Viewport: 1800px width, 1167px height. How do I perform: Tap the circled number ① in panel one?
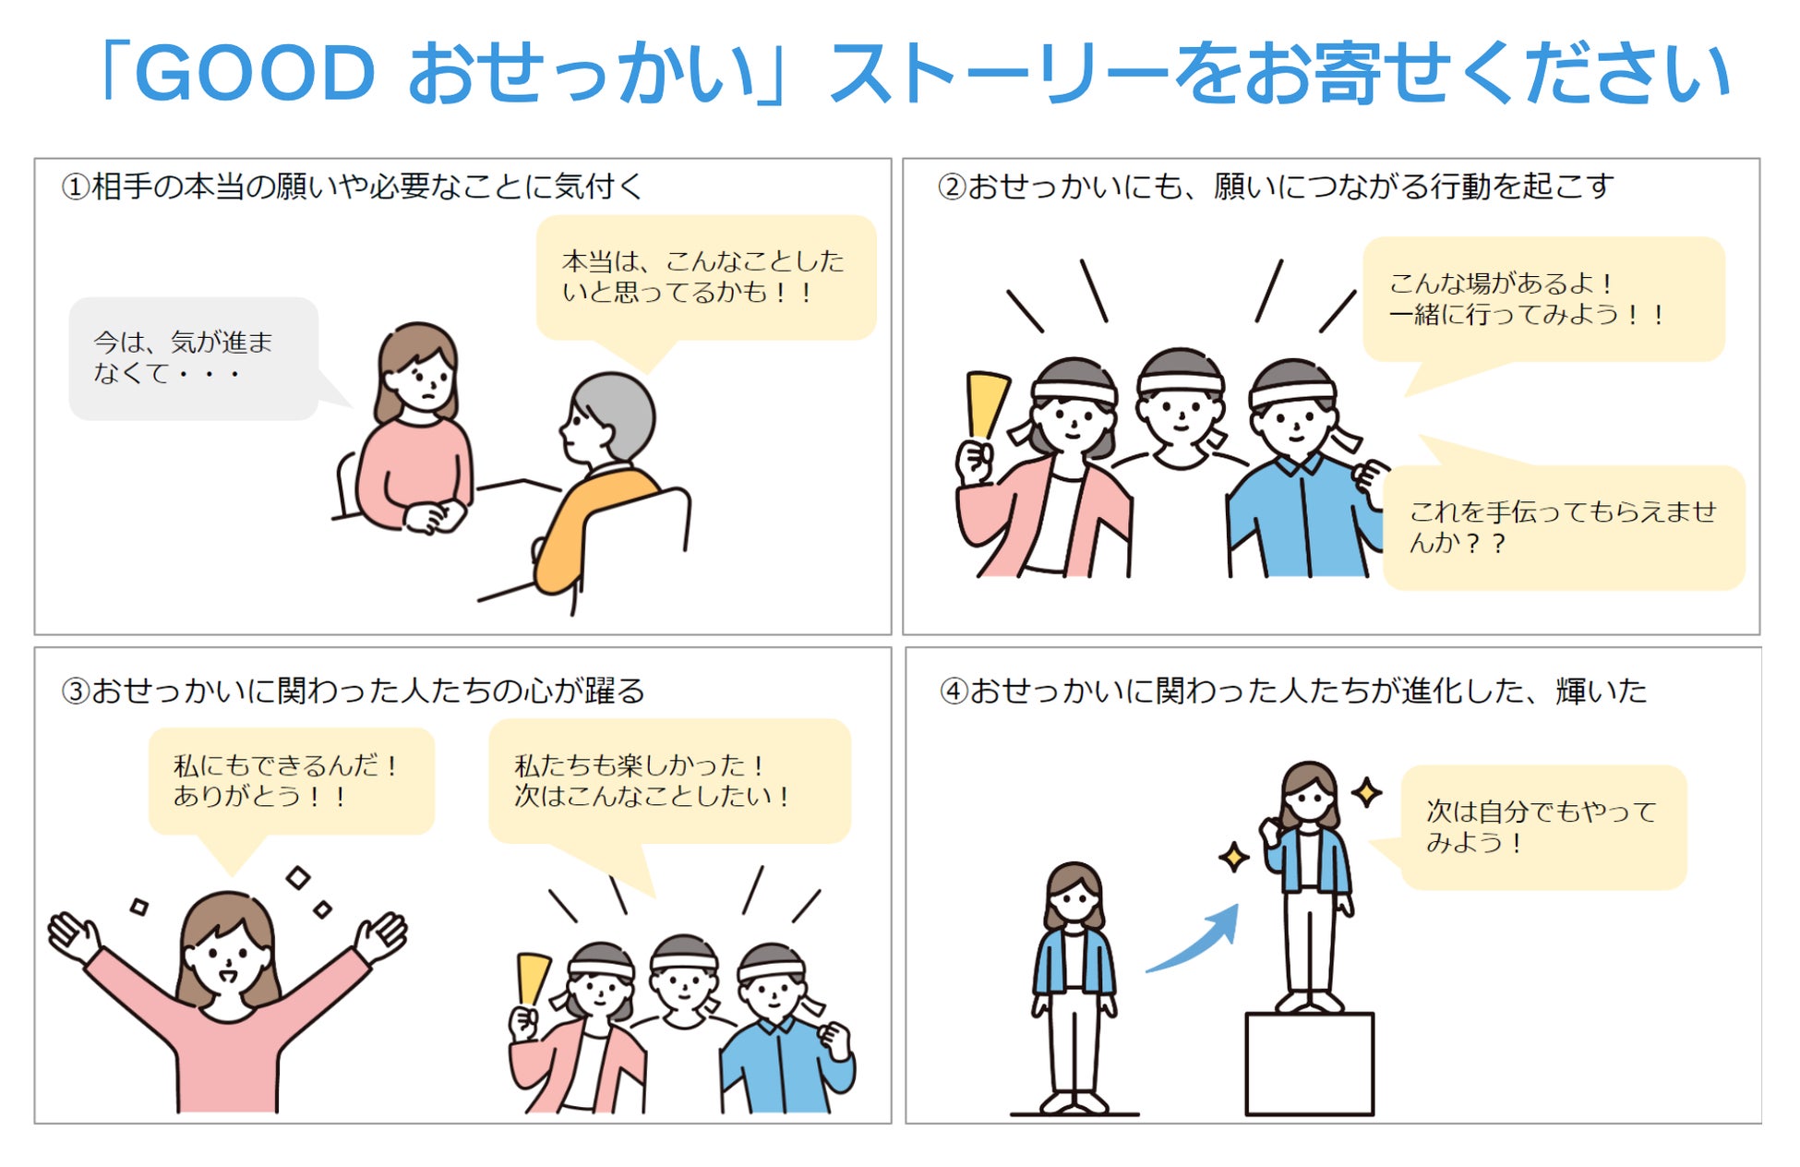[x=76, y=187]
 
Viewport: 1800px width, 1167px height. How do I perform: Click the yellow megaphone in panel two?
[x=986, y=403]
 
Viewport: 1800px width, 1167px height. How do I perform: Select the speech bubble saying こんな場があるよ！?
[x=1543, y=300]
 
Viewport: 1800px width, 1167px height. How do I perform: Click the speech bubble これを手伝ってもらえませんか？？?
[x=1564, y=526]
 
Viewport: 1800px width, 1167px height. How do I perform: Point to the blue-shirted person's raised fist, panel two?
[x=1372, y=481]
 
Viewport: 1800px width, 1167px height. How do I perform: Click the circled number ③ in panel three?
[x=76, y=692]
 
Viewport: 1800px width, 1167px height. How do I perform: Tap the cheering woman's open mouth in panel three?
[x=227, y=973]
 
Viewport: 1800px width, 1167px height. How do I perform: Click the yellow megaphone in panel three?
[x=533, y=979]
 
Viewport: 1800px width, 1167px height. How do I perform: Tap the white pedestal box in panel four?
[x=1310, y=1064]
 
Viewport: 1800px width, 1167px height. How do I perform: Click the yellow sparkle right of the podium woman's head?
[x=1367, y=792]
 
